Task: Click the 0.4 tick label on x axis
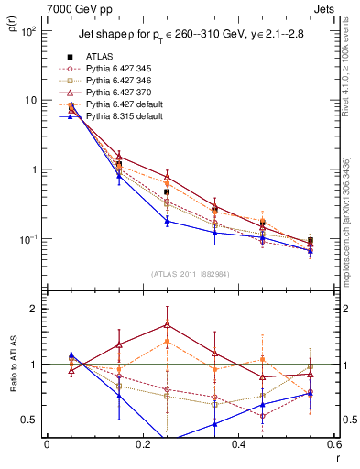coord(238,444)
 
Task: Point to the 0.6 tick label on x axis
coord(333,444)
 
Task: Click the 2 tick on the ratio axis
coord(37,309)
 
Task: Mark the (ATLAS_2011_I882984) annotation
coord(189,274)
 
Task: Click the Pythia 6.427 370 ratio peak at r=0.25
coord(167,324)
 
